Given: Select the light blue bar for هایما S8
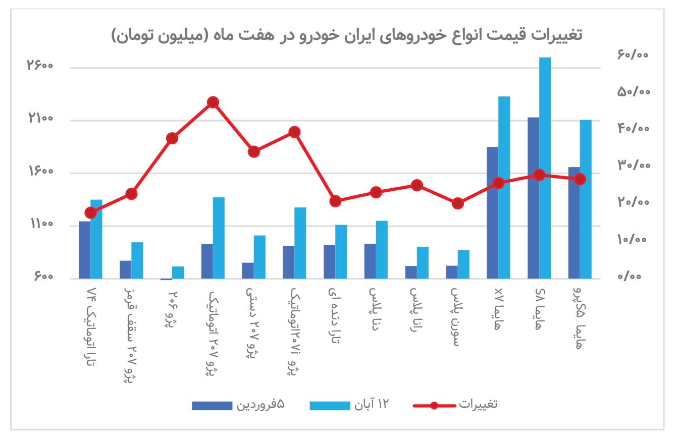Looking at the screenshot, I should pos(545,168).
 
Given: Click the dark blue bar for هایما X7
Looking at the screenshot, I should pos(492,212).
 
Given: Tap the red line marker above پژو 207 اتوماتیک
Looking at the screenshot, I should pos(213,102).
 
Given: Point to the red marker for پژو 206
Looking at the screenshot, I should pos(172,138).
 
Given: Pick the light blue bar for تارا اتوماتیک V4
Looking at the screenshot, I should pos(96,239).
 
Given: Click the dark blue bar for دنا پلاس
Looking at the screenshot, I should pos(370,261).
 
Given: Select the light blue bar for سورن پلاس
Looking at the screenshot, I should pos(463,264).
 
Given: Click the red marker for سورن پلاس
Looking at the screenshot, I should pos(457,203).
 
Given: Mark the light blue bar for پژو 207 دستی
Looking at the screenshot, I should pos(259,257).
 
